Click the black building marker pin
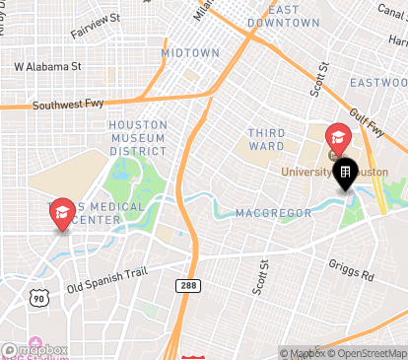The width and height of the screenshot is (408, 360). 346,174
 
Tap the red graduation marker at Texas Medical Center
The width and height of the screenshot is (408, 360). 62,212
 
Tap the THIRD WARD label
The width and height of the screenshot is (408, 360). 266,140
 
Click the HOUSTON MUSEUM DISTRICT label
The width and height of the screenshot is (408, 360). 138,138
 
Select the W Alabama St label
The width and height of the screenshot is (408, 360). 46,67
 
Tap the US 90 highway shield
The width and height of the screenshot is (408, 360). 37,297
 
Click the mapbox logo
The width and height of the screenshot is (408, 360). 34,350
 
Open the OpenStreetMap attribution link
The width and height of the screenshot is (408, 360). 368,353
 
